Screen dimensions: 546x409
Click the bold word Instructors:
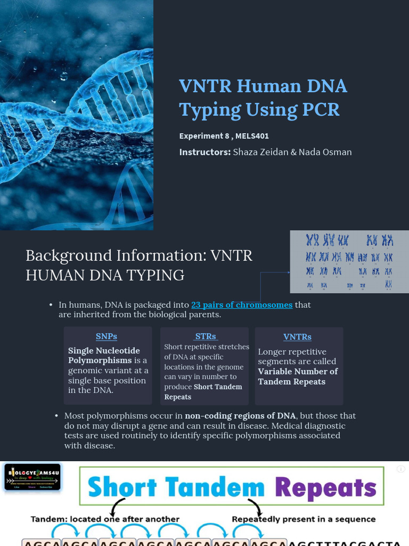pos(205,152)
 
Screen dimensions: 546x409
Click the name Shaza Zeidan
pos(261,152)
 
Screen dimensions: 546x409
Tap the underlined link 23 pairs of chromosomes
pos(242,305)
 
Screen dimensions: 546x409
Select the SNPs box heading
pos(107,336)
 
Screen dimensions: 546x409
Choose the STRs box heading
pos(206,336)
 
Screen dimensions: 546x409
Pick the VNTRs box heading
pos(297,337)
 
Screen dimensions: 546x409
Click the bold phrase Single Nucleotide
pos(104,351)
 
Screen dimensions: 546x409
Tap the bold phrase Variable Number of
pos(298,372)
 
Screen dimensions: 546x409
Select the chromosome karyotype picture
pos(349,261)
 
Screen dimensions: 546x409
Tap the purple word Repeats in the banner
pos(326,487)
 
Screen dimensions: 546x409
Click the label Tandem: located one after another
pos(105,519)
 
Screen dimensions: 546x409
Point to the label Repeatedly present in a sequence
pos(304,519)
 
